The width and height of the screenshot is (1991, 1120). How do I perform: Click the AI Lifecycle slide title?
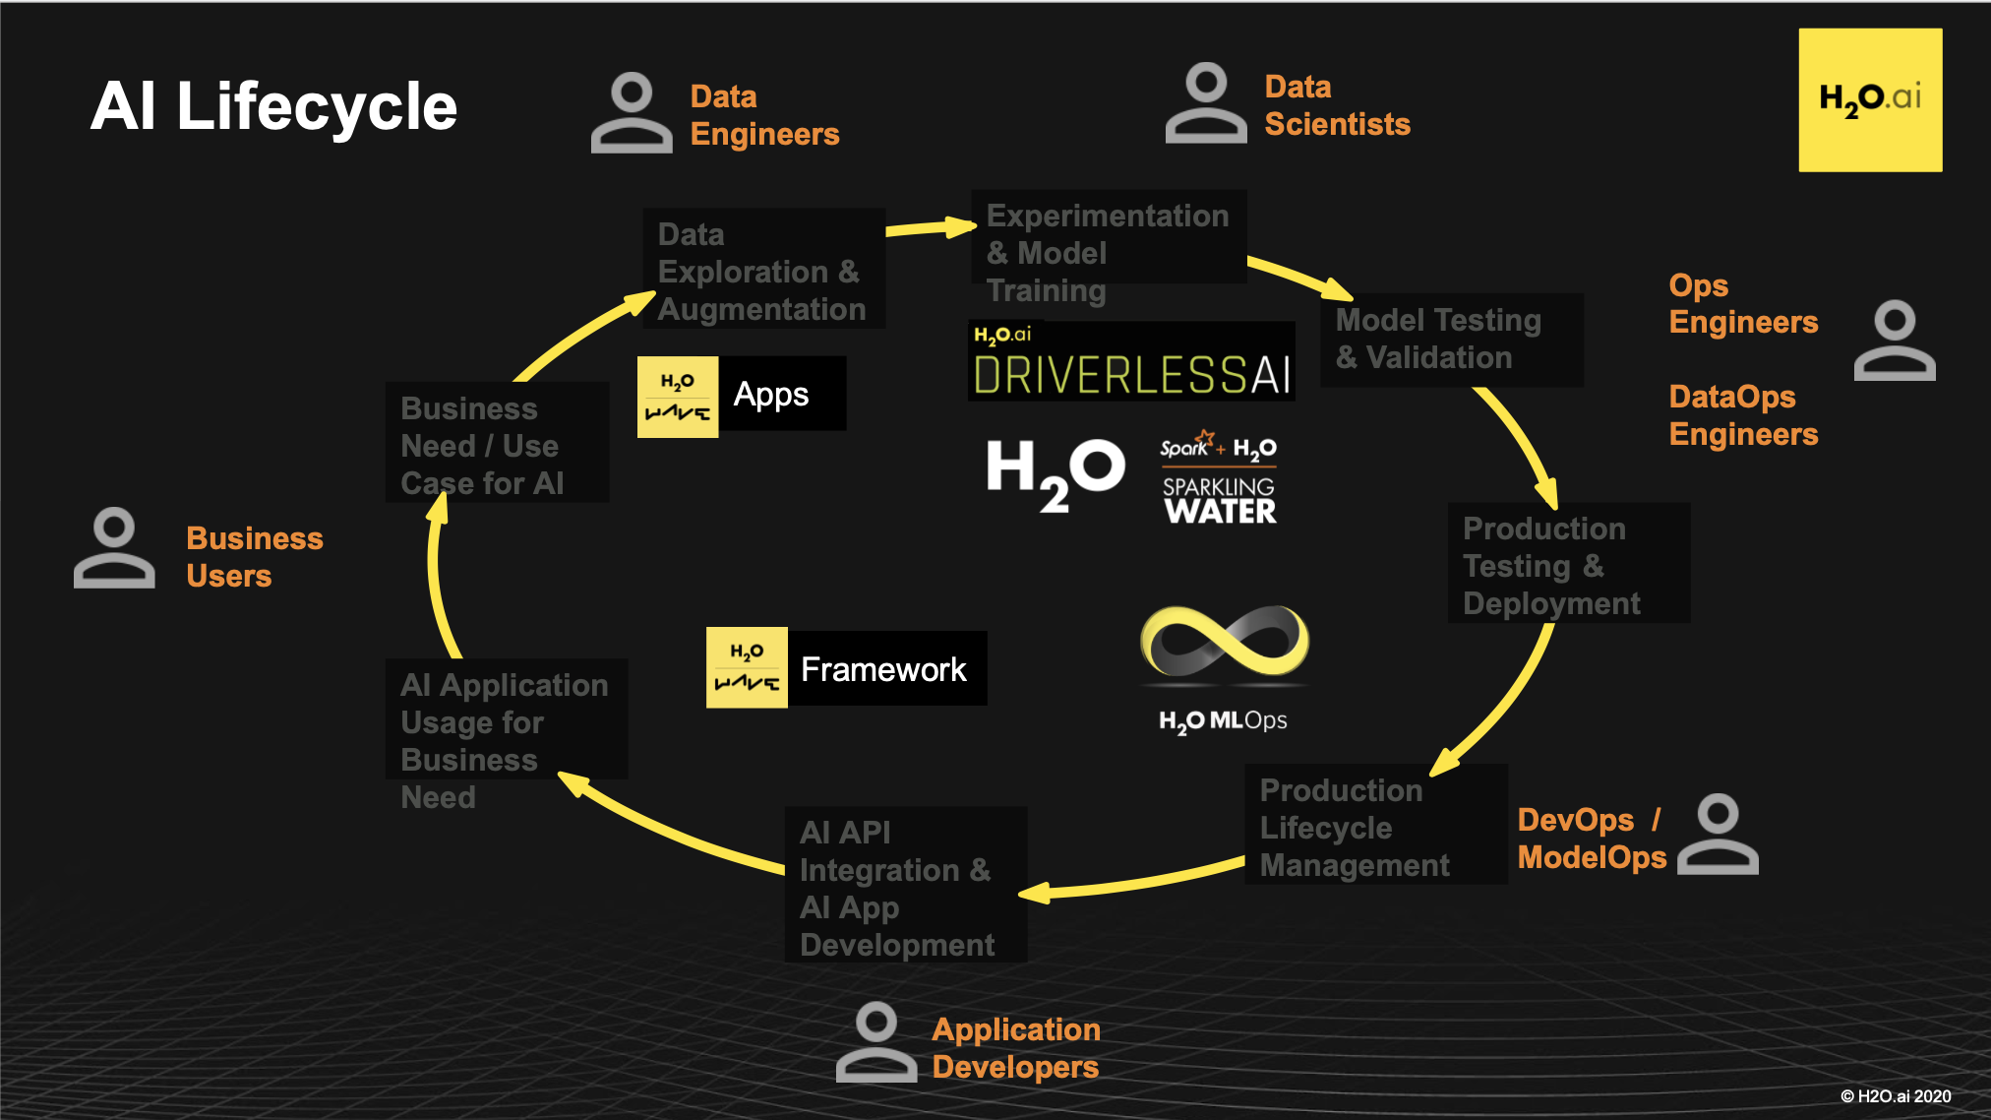(273, 106)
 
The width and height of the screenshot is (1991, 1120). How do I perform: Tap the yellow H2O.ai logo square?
(1870, 99)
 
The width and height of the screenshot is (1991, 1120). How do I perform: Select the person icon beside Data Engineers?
(631, 112)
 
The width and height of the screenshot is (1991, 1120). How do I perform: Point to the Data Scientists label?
(1337, 105)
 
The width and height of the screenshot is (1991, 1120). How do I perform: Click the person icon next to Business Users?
(114, 548)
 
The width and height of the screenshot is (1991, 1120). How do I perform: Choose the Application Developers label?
(1015, 1048)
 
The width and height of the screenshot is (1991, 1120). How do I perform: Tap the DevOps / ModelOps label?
(1591, 839)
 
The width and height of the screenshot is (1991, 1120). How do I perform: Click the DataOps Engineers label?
(1743, 415)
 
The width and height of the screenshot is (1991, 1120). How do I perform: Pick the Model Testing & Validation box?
(1451, 340)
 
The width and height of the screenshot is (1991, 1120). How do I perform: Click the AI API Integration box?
(905, 885)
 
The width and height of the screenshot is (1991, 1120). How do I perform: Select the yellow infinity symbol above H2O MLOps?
(1225, 643)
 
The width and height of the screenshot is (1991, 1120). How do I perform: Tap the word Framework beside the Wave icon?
(883, 669)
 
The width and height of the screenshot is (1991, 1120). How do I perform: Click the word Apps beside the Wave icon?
(771, 395)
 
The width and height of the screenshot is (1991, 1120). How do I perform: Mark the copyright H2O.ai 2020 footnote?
(1896, 1096)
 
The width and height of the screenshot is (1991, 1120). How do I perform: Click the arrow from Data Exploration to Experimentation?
(930, 228)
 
